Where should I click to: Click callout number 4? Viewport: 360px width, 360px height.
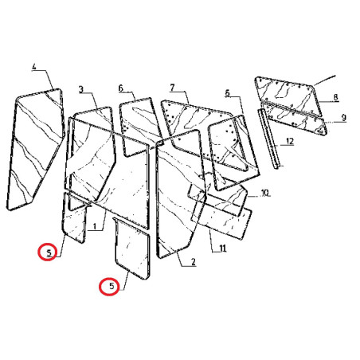tap(34, 66)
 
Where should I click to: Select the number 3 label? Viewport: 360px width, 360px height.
tap(81, 89)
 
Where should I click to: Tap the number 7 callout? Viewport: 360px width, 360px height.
tap(172, 88)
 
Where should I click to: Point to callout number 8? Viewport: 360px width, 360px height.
tap(336, 97)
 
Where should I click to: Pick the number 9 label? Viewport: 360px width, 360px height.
tap(344, 117)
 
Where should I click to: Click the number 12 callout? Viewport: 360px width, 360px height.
tap(290, 141)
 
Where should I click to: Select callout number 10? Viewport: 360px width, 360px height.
tap(265, 193)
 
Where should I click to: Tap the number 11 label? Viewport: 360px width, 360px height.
tap(222, 248)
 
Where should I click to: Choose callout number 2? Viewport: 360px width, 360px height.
tap(194, 262)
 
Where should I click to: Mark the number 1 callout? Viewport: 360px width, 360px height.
tap(94, 226)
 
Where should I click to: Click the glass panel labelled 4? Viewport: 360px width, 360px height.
tap(36, 149)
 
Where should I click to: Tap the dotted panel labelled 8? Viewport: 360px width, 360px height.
tap(288, 96)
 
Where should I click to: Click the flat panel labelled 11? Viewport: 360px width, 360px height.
tap(222, 217)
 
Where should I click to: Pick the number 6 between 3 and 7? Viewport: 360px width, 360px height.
tap(121, 88)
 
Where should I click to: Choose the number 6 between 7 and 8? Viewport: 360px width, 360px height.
tap(227, 93)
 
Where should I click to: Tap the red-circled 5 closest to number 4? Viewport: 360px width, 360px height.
tap(48, 252)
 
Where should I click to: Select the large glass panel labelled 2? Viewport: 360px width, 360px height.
tap(180, 194)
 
